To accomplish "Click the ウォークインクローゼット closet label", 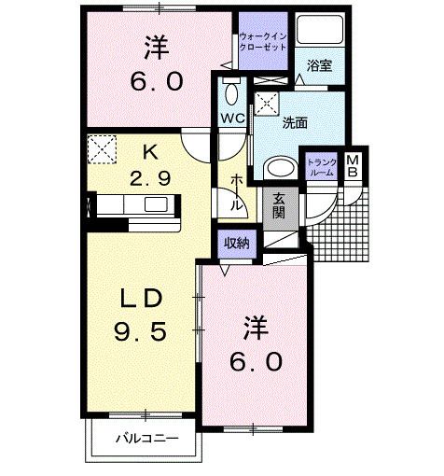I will pyautogui.click(x=262, y=41).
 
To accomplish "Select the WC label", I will pyautogui.click(x=232, y=118).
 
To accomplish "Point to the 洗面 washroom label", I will pyautogui.click(x=295, y=122).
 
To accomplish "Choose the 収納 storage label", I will pyautogui.click(x=236, y=243).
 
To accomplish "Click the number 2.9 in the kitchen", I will pyautogui.click(x=150, y=179).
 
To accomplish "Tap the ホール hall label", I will pyautogui.click(x=236, y=189).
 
